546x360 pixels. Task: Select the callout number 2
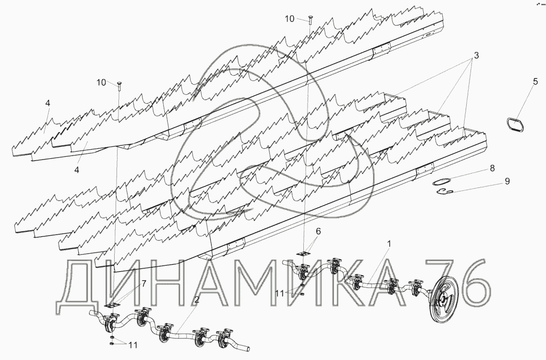[x=196, y=300]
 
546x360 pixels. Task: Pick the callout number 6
[x=318, y=231]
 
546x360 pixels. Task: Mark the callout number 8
[x=492, y=168]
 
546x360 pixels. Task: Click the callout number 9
[x=507, y=181]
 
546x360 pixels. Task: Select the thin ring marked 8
[x=441, y=181]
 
